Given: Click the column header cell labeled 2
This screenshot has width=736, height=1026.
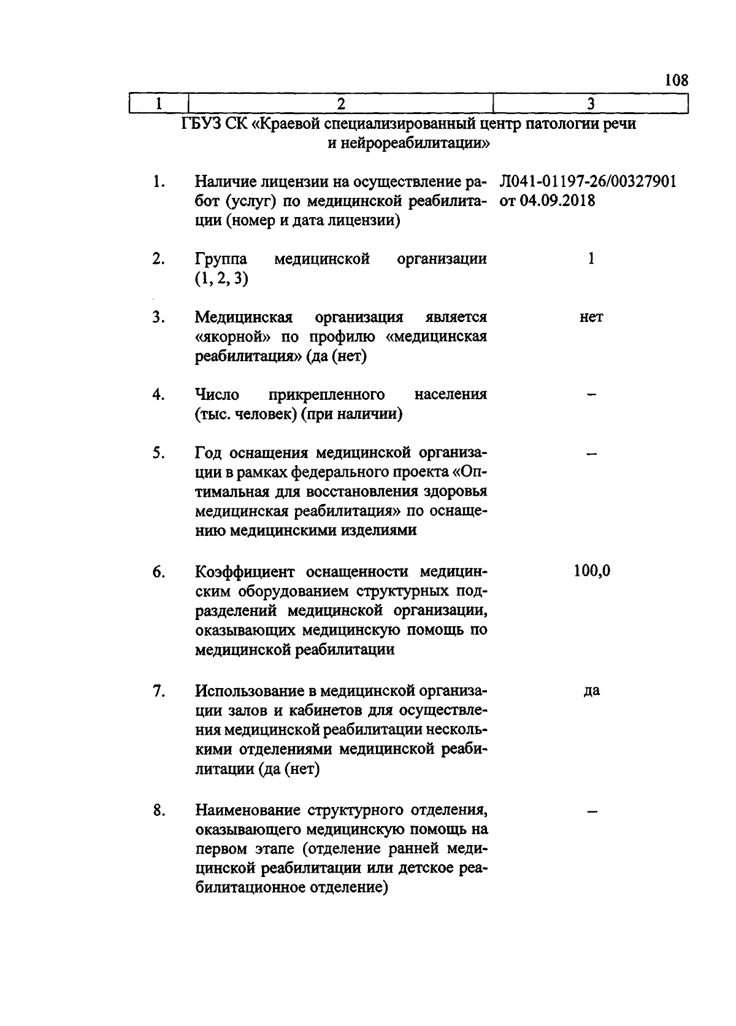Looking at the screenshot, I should [340, 104].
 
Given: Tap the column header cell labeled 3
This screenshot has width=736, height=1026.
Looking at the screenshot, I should [591, 104].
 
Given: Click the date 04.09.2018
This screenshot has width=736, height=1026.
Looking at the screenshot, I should [557, 201].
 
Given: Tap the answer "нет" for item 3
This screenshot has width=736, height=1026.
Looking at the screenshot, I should [591, 318].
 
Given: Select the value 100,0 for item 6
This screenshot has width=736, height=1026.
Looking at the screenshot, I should [592, 571].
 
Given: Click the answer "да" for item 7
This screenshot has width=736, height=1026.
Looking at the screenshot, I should [591, 691].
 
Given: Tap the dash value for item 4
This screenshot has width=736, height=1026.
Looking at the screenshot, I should [591, 396].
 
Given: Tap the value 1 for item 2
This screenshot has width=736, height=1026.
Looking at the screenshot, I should [591, 259].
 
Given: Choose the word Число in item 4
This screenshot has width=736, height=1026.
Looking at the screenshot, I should [217, 394].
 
